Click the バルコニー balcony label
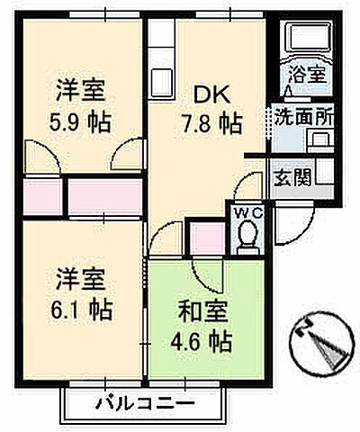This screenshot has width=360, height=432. point(140,402)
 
